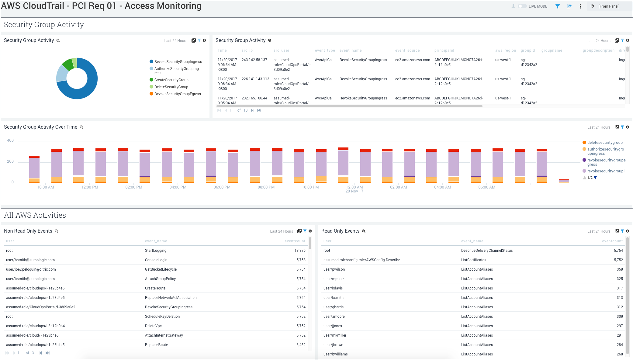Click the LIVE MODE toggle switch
coord(522,6)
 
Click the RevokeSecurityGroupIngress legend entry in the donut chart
coord(178,62)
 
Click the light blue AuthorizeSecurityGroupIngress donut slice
coord(62,74)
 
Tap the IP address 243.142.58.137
coord(254,60)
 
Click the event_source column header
coord(407,50)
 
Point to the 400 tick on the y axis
coord(10,140)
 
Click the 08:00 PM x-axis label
coord(266,187)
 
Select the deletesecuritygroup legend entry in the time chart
coord(604,143)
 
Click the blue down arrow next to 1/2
coord(595,178)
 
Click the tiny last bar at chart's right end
coord(564,181)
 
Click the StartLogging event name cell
coord(155,251)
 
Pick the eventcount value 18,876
coord(300,251)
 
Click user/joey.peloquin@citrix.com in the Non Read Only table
coord(31,269)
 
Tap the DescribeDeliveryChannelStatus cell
coord(486,251)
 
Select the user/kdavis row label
coord(333,288)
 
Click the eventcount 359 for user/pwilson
coord(620,269)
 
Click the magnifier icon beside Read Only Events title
coord(364,231)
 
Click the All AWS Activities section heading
coord(35,215)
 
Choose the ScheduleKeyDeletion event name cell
coord(162,317)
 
